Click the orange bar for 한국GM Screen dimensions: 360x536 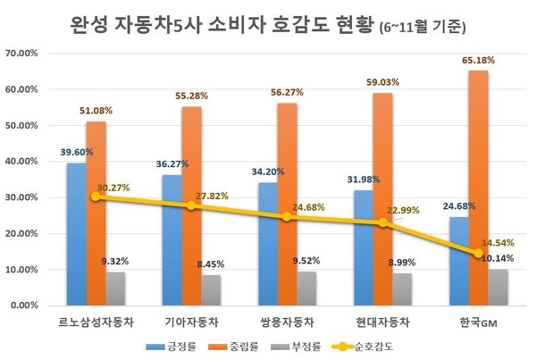[x=479, y=188]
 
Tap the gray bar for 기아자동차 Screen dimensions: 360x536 [x=211, y=289]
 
